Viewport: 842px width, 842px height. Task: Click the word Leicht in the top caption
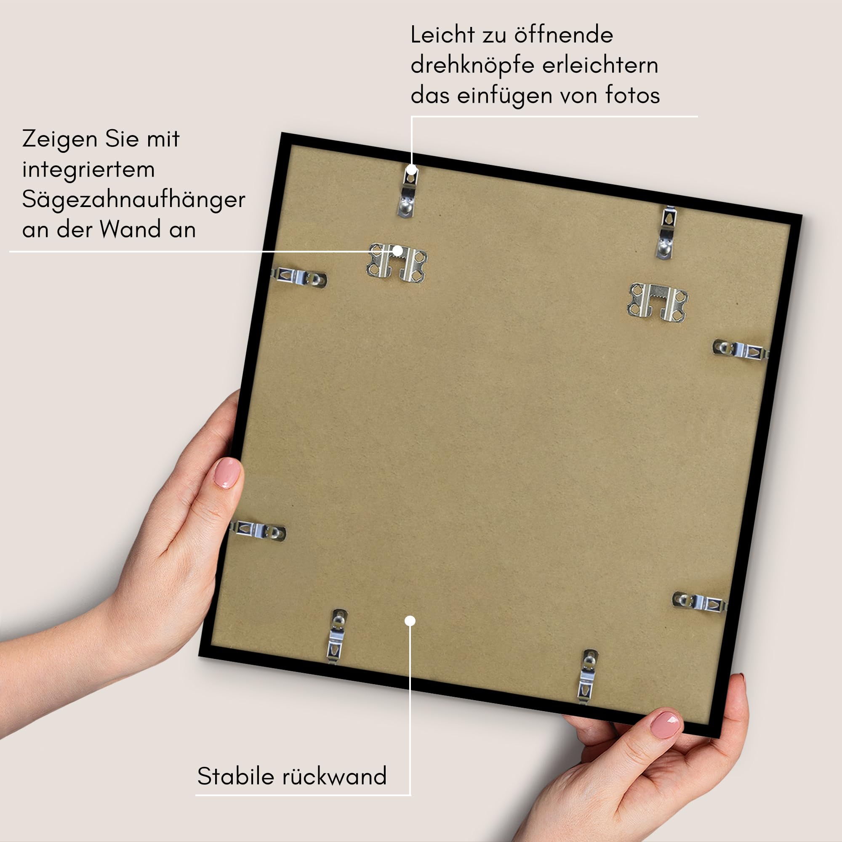pos(442,35)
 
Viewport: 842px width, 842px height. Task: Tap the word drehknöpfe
pos(473,65)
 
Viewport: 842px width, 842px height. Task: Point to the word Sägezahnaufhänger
pos(133,200)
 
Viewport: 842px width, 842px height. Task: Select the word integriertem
pos(88,170)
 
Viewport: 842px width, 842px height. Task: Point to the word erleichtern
pos(600,65)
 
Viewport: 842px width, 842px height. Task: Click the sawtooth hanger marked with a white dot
pos(397,263)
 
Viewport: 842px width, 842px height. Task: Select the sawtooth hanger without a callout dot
pos(657,303)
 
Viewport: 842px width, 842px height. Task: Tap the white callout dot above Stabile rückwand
pos(410,621)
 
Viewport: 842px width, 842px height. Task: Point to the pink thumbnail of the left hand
pos(227,473)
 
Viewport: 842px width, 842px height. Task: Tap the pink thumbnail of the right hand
pos(666,725)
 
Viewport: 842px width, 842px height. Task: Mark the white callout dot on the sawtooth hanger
pos(397,251)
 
